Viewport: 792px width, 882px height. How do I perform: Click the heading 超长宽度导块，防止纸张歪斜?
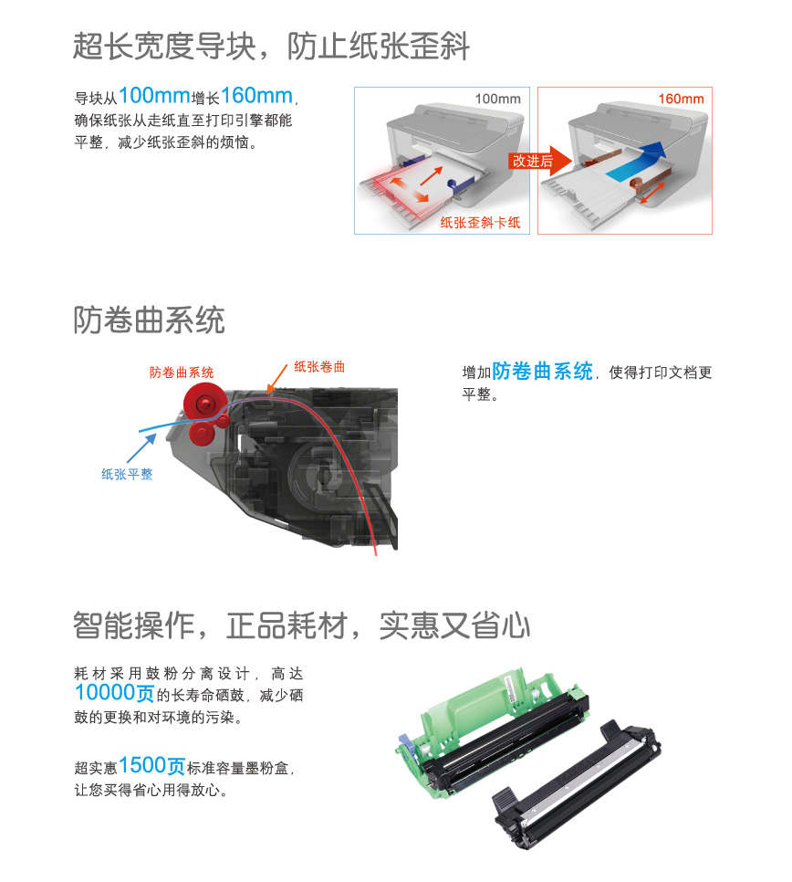[271, 46]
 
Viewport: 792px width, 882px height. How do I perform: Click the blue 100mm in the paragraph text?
[154, 96]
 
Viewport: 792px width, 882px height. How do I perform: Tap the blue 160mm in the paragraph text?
[256, 96]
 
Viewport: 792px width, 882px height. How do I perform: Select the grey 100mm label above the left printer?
[497, 99]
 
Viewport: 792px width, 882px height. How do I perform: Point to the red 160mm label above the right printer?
[681, 99]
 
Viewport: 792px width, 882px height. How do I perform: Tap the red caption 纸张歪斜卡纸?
[480, 222]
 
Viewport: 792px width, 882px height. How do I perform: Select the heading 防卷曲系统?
[149, 320]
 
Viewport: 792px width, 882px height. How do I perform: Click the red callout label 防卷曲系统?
[182, 373]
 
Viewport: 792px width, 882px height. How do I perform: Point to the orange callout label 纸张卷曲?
[319, 366]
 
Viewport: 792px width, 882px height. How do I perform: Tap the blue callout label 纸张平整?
[127, 475]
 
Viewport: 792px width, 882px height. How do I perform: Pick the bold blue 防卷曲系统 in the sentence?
[542, 372]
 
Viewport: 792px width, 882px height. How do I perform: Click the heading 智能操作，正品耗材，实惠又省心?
[301, 625]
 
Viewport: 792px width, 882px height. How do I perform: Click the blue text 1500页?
[151, 765]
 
